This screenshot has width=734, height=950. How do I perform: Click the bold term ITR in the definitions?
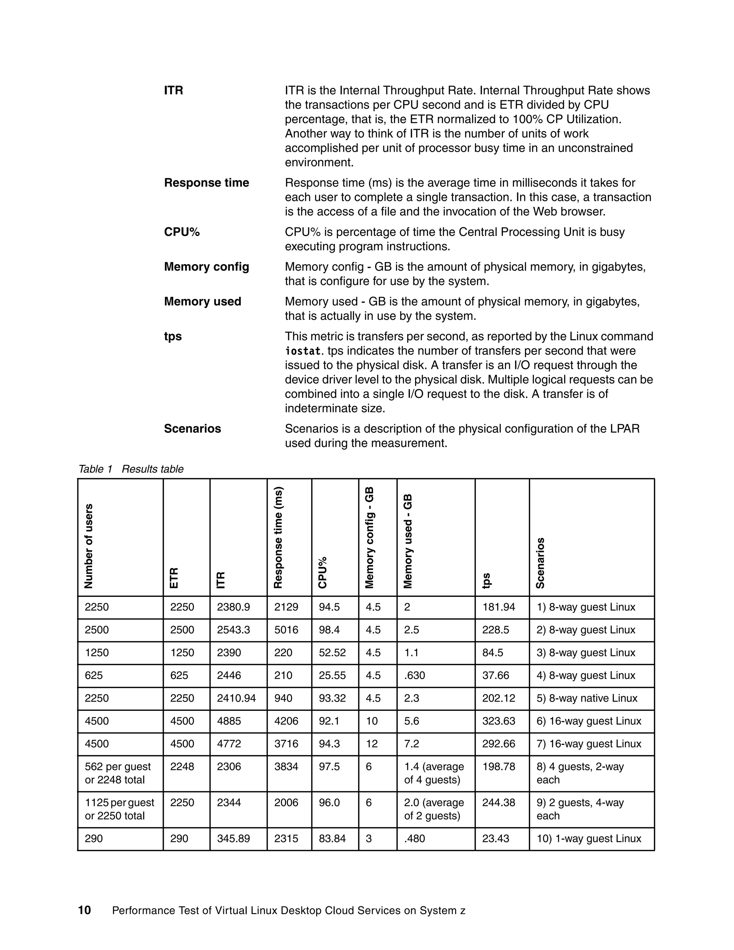click(x=173, y=90)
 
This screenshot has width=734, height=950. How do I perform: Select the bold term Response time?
click(x=206, y=183)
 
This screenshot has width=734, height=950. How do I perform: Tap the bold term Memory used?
click(x=202, y=301)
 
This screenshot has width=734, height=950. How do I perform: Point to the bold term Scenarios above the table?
click(x=192, y=428)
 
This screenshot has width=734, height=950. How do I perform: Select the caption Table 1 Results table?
click(x=131, y=469)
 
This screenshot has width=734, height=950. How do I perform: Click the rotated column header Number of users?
click(x=89, y=546)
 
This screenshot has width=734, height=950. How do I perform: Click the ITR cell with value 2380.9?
click(x=234, y=607)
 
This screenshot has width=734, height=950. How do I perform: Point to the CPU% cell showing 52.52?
click(x=332, y=652)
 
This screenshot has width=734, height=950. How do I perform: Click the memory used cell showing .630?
click(x=414, y=675)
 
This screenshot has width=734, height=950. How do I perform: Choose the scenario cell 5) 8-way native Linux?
click(x=587, y=698)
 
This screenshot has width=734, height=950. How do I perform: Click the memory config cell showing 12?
click(x=372, y=744)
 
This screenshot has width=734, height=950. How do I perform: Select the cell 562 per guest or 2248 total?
click(x=118, y=773)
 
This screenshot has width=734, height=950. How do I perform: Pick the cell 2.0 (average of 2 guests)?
click(x=434, y=809)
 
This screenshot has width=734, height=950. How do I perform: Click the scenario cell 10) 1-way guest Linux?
click(x=589, y=839)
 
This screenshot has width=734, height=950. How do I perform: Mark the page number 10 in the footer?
click(x=84, y=911)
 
